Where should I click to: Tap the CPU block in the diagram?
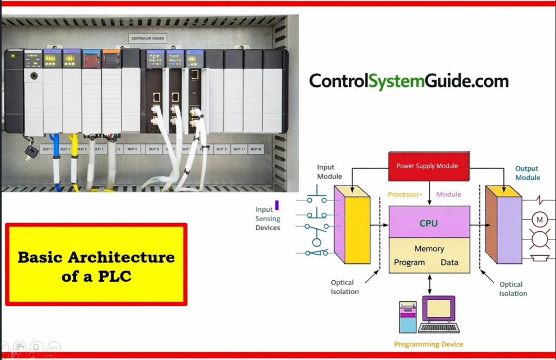tap(429, 223)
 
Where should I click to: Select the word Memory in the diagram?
tap(429, 249)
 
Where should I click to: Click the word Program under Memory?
tap(409, 262)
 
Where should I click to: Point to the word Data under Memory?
tap(450, 262)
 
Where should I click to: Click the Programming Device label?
tap(428, 344)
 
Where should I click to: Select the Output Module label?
tap(528, 173)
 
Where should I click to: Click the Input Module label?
tap(329, 172)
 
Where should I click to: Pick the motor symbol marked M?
tap(539, 220)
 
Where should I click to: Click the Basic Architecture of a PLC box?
tap(96, 265)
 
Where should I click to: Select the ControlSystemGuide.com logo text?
tap(409, 81)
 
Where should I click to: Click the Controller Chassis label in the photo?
tap(149, 38)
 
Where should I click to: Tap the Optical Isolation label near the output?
tap(513, 289)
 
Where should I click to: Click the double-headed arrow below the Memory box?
tap(429, 284)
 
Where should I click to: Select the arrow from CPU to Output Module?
tap(478, 223)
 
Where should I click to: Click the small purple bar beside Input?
tap(277, 205)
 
